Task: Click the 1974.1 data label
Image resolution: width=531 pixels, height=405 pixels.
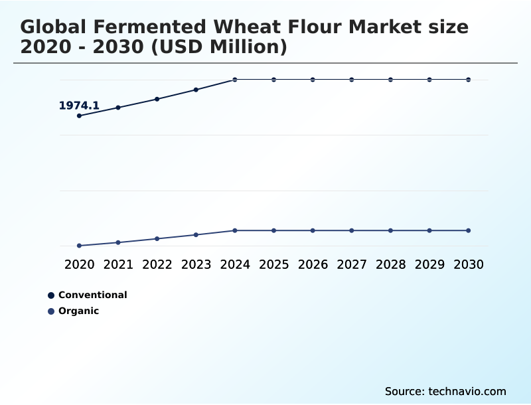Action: (79, 106)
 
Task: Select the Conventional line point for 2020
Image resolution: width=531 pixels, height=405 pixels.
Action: (79, 116)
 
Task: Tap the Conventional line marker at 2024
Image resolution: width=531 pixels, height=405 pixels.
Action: (234, 80)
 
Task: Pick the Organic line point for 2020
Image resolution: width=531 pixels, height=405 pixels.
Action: (79, 246)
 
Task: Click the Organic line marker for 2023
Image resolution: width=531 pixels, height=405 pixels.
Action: (196, 234)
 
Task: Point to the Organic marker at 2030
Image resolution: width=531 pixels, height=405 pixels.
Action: (468, 230)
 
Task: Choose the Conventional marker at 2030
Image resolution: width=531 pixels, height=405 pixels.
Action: (468, 80)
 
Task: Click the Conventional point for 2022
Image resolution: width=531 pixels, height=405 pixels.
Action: (157, 99)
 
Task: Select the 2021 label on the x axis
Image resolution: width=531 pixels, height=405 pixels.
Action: (118, 264)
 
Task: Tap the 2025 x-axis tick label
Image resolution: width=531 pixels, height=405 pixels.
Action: (273, 264)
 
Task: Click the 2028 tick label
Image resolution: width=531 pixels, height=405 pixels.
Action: (390, 264)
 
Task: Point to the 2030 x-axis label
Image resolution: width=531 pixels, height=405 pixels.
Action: (468, 264)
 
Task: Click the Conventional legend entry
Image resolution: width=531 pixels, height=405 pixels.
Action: (92, 295)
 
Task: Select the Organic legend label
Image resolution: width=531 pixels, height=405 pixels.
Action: (78, 311)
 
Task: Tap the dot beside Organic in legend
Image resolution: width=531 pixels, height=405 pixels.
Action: (51, 311)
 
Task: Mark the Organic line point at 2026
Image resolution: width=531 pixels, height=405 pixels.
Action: (313, 230)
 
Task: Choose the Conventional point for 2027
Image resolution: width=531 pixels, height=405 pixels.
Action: (351, 80)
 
